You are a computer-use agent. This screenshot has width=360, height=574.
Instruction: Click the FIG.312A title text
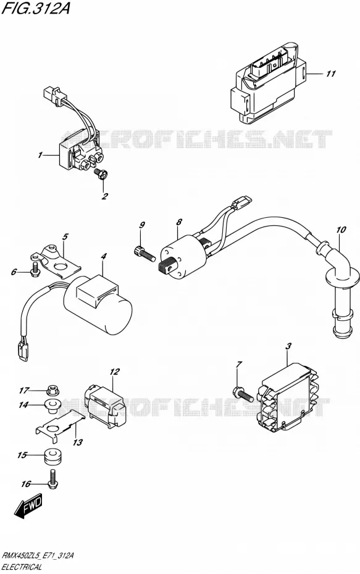pos(36,8)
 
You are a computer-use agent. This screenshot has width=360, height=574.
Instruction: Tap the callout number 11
pos(330,74)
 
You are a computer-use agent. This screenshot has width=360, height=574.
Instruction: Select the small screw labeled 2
pos(101,173)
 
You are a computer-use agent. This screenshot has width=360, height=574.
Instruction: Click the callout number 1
pos(40,155)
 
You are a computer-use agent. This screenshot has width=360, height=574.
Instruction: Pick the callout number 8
pos(178,222)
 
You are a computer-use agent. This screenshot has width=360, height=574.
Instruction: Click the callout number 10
pos(341,230)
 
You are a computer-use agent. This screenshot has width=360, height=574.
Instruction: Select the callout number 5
pos(65,236)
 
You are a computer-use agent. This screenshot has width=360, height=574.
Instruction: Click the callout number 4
pos(104,257)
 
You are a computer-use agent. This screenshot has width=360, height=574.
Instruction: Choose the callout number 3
pos(288,346)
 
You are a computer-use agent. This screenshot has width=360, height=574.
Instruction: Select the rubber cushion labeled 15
pos(54,457)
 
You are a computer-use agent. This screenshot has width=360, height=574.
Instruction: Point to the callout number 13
pos(78,443)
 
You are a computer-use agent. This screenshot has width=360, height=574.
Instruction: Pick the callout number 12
pos(115,372)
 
